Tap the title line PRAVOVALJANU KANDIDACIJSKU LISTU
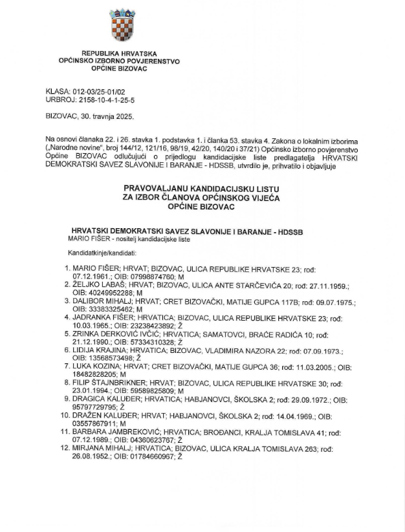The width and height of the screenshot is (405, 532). click(x=202, y=189)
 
